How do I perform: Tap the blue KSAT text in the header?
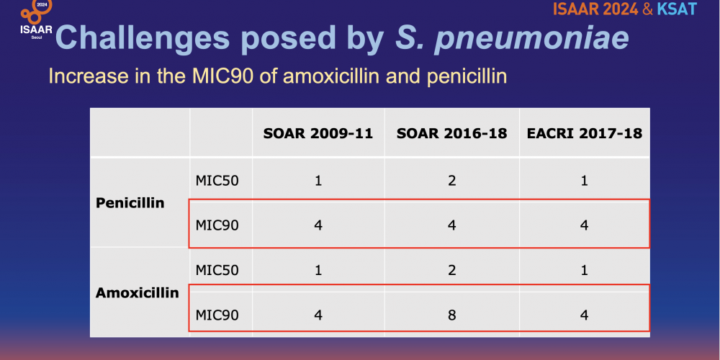tap(676, 9)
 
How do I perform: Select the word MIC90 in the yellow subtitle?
tap(221, 76)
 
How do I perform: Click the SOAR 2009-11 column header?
tap(318, 134)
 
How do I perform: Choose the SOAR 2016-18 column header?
tap(452, 134)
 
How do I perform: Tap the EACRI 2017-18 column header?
tap(584, 134)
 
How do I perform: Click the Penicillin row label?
tap(130, 203)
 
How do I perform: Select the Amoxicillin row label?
tap(138, 293)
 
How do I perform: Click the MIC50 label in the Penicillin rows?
tap(217, 181)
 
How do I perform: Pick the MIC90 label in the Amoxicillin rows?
tap(217, 315)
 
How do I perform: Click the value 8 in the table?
tap(452, 315)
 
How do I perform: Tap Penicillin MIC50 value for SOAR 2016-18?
tap(452, 181)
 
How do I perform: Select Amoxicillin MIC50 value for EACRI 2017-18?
tap(584, 271)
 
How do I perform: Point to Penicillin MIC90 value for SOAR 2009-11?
tap(318, 225)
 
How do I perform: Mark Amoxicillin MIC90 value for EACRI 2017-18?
tap(584, 315)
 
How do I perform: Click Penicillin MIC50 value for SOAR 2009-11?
tap(318, 181)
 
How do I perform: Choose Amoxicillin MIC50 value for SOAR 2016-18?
tap(452, 271)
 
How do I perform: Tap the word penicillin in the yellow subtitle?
tap(467, 77)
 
